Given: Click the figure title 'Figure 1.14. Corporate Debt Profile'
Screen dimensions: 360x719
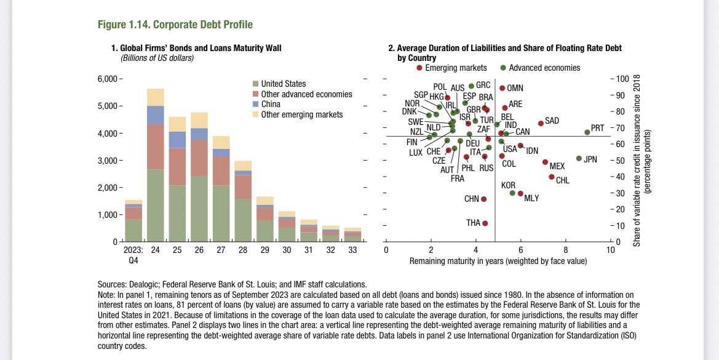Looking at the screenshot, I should pos(175,25).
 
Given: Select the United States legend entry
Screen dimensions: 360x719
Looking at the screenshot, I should pos(283,84).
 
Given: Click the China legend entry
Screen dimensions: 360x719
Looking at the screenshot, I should pos(271,104).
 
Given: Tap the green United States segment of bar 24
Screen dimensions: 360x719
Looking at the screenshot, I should pos(155,205).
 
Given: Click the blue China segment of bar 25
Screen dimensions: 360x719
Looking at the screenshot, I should pos(177,140).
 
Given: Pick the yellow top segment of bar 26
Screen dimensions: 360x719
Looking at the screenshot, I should pos(199,120).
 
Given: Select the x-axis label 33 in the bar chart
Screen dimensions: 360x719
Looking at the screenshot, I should pos(352,250).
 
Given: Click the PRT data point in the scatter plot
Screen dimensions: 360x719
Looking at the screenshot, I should pos(587,132).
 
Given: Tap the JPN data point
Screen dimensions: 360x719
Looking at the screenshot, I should pos(579,158).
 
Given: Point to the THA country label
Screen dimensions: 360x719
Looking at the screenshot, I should pos(473,223).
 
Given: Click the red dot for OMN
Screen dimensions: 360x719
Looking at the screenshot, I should pos(502,88).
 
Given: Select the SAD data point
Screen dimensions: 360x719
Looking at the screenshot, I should pos(541,123).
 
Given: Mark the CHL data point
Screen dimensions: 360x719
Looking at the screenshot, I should pos(552,177).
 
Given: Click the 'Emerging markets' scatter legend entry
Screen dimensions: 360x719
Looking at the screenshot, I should pos(451,68).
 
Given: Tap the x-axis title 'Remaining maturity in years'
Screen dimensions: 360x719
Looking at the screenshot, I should pos(498,262).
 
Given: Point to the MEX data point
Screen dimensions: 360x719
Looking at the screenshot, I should pos(545,162).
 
